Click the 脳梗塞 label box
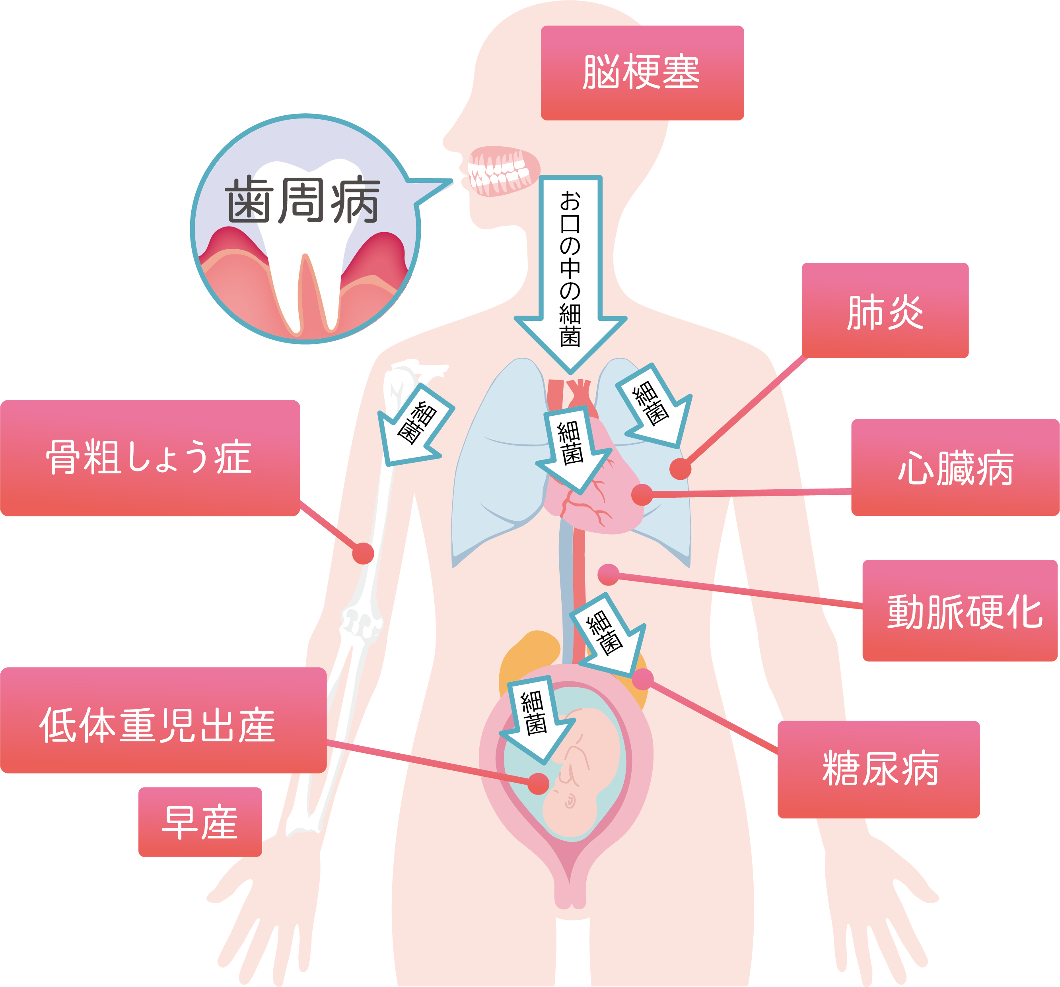coord(642,73)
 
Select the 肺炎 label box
coord(885,310)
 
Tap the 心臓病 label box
coord(955,467)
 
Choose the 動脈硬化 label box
coord(960,611)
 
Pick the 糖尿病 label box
coord(878,770)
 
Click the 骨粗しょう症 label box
coord(150,458)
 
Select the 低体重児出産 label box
coord(163,720)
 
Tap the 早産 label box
coord(200,822)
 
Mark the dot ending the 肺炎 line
coord(681,469)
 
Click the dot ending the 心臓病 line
coord(642,494)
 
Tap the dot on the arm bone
coord(363,554)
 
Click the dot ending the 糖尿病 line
coord(642,679)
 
